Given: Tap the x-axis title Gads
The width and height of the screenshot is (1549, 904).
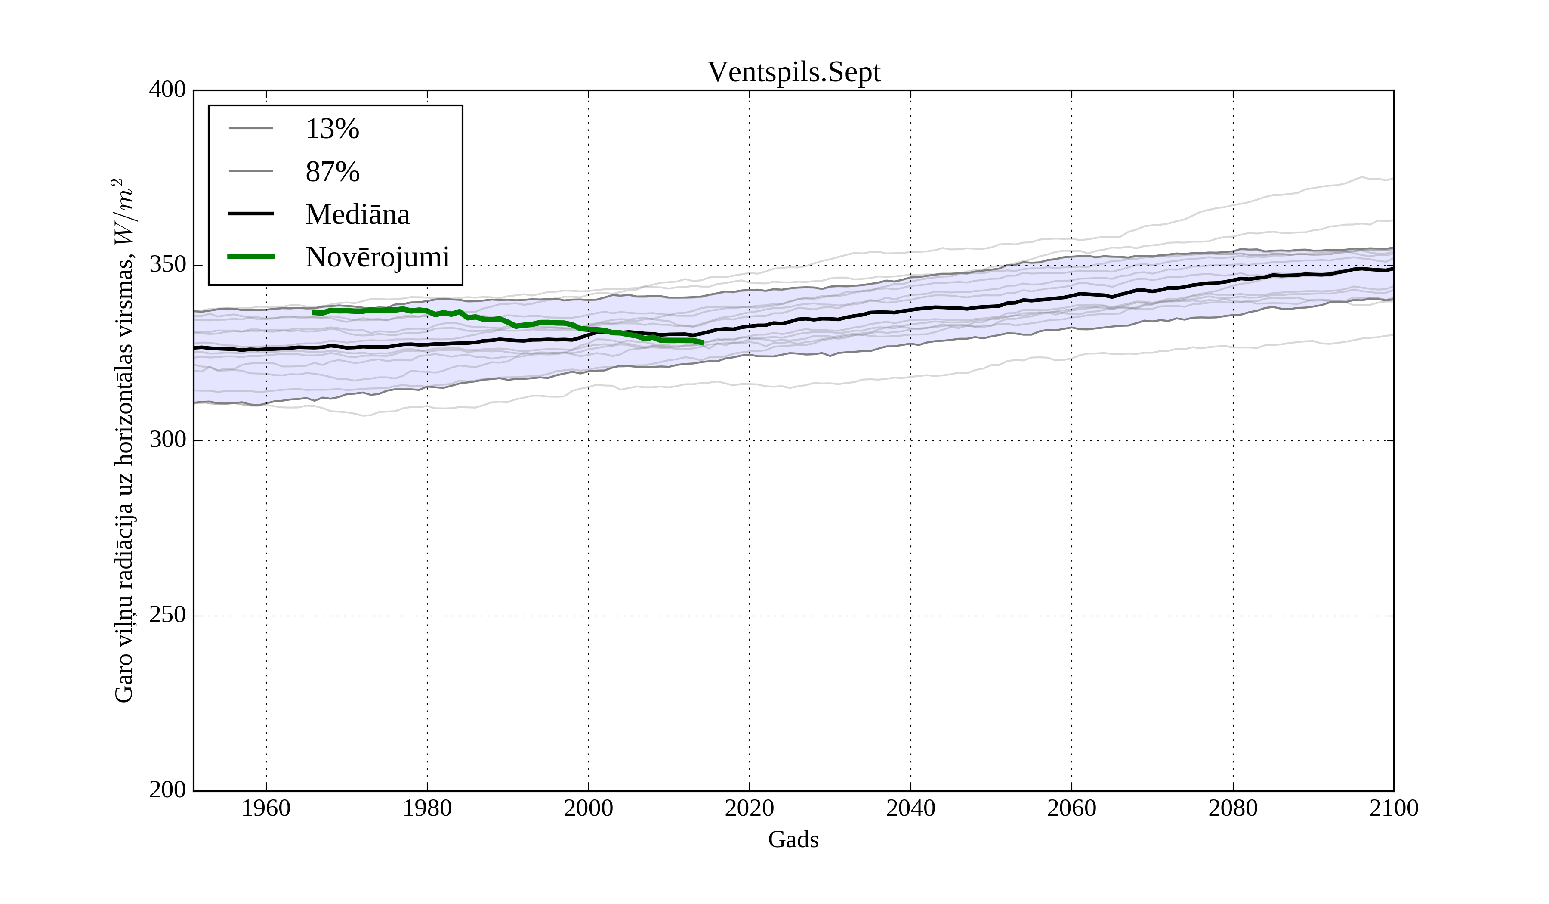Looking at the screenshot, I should (793, 839).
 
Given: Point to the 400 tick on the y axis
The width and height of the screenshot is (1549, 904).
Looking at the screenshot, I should (167, 90).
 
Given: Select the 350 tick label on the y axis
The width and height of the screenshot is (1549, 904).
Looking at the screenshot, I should (167, 265).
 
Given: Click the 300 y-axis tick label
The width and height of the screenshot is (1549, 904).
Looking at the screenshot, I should (167, 440).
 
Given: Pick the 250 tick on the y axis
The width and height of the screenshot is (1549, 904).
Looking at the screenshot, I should (167, 615).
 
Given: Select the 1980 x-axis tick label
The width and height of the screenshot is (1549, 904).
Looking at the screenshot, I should (427, 808).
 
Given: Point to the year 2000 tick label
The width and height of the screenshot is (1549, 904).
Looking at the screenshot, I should (588, 808).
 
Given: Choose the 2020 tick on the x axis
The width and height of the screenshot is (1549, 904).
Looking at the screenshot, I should (749, 808).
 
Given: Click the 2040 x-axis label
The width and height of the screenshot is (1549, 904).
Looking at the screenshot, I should (910, 808).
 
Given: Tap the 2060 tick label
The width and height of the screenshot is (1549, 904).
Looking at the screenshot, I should (1071, 808).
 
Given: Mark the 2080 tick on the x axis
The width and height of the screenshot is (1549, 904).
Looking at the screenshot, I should (1232, 808).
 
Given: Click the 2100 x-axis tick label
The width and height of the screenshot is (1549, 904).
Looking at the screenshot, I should (1394, 808).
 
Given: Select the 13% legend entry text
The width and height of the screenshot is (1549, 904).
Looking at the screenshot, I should (332, 129).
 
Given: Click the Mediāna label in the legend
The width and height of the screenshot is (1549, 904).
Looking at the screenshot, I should (357, 215).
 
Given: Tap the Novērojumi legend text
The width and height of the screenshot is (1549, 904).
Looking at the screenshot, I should (377, 257).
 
